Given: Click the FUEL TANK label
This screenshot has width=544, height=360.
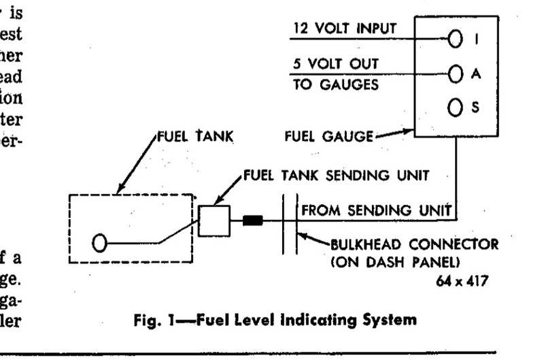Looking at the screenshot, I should click(195, 136).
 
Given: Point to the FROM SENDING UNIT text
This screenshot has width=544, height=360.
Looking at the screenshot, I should click(377, 211).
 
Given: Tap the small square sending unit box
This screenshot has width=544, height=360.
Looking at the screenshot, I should click(215, 218).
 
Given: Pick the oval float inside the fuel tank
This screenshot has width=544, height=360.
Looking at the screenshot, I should click(101, 242).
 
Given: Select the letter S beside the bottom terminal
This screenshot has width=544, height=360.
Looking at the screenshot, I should click(476, 109).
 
